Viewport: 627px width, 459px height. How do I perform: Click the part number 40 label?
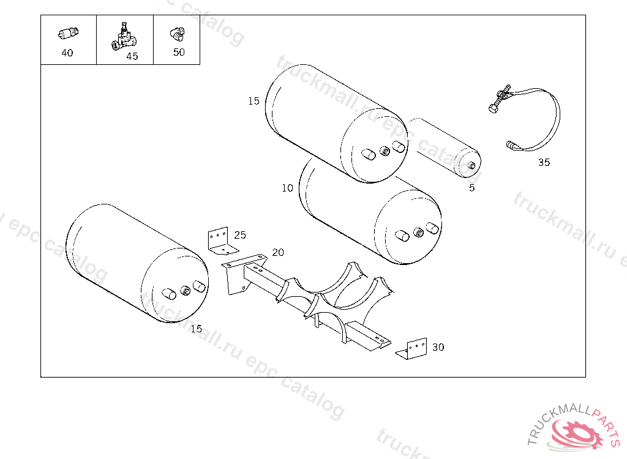pos(67,53)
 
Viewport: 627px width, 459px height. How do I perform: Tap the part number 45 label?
pos(132,56)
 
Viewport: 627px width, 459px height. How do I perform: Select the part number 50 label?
pos(179,52)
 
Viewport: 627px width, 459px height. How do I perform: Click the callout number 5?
pos(471,188)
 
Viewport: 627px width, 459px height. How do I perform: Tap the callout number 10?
pos(287,188)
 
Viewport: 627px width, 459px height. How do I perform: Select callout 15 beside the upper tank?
pos(253,101)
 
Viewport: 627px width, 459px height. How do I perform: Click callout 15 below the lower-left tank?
pos(196,329)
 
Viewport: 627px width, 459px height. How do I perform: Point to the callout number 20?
pos(278,252)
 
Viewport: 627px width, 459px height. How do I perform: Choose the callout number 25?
pos(240,234)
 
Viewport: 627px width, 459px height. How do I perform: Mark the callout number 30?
pos(438,347)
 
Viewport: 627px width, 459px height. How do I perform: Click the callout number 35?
pos(544,162)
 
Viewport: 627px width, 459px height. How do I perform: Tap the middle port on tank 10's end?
pos(419,233)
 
